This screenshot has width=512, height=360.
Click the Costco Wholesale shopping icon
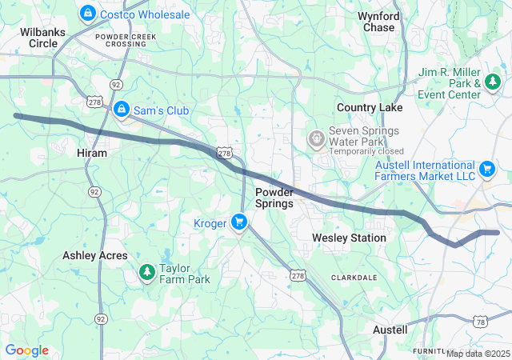pyautogui.click(x=87, y=14)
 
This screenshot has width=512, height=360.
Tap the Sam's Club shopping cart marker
pyautogui.click(x=121, y=109)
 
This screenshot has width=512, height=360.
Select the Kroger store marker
pyautogui.click(x=238, y=222)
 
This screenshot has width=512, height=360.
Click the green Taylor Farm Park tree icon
pyautogui.click(x=146, y=274)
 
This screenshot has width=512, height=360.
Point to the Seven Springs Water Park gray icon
pyautogui.click(x=317, y=138)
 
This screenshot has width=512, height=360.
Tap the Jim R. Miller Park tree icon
pyautogui.click(x=494, y=82)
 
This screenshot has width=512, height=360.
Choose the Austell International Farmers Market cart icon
pyautogui.click(x=486, y=169)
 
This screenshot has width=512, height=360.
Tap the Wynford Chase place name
pyautogui.click(x=377, y=22)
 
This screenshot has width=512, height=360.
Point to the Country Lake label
pyautogui.click(x=370, y=107)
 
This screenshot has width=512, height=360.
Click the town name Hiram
pyautogui.click(x=92, y=152)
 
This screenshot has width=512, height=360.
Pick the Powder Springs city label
pyautogui.click(x=274, y=198)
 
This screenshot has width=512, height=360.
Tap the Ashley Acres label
pyautogui.click(x=95, y=255)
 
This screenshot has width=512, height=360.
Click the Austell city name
pyautogui.click(x=390, y=330)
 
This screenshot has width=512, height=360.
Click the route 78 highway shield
pyautogui.click(x=480, y=322)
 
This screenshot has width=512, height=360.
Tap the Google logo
pyautogui.click(x=27, y=350)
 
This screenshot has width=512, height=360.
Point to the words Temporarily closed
pyautogui.click(x=366, y=151)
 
